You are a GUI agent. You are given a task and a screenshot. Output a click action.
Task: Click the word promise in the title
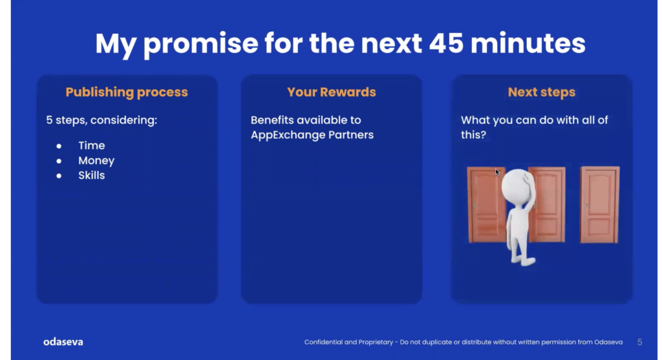[x=200, y=45]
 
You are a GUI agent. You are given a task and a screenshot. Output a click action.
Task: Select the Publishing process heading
[x=127, y=92]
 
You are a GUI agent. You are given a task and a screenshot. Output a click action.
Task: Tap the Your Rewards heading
[x=332, y=92]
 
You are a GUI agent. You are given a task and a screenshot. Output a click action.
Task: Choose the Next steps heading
[x=542, y=92]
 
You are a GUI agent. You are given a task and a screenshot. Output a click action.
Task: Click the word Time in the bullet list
[x=92, y=145]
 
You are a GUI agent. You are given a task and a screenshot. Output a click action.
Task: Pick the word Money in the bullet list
[x=96, y=161]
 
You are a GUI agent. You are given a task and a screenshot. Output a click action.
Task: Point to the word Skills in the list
[x=92, y=175]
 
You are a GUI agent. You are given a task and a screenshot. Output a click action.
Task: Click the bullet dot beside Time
[x=59, y=146]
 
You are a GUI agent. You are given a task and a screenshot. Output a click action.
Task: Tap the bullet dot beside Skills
[x=59, y=176]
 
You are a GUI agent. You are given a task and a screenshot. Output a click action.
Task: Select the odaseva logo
[x=63, y=342]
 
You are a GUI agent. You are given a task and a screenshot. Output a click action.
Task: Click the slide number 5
[x=639, y=342]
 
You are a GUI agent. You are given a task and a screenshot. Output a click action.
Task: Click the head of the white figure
[x=517, y=185]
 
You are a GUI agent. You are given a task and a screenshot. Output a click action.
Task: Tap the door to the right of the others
[x=600, y=205]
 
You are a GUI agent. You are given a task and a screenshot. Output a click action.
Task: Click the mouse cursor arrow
[x=497, y=172]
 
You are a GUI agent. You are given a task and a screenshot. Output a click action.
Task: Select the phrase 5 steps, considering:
[x=101, y=120]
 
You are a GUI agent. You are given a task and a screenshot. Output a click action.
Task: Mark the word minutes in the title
[x=528, y=43]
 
